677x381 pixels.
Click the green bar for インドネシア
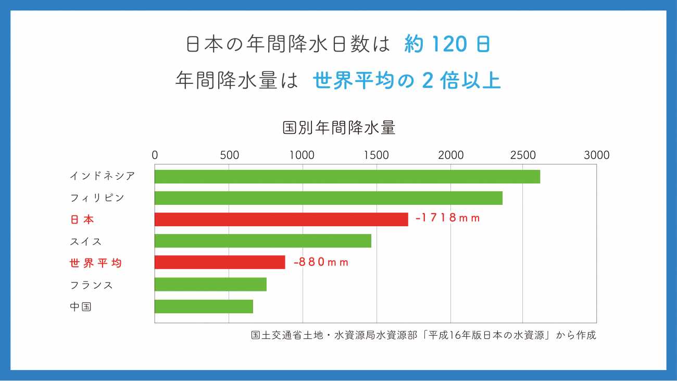coord(347,177)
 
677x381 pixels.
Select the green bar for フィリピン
coord(329,198)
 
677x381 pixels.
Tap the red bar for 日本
coord(281,219)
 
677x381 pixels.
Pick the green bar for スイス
coord(263,241)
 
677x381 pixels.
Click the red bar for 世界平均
coord(220,262)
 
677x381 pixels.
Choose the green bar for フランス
coord(210,284)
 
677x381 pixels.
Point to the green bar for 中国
coord(204,306)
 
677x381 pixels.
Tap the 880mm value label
coord(321,262)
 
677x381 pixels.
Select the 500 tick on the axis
coord(229,155)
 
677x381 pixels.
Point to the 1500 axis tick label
coord(377,155)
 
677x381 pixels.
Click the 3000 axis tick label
coord(596,155)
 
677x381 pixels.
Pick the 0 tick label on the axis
coord(155,155)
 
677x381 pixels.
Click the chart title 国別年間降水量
coord(339,128)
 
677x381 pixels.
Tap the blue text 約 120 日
coord(447,45)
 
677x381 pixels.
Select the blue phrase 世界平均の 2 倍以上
coord(407,81)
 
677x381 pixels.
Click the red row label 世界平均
coord(96,263)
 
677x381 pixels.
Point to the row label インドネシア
coord(102,176)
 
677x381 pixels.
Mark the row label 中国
coord(81,306)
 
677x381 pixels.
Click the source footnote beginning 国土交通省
coord(423,335)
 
